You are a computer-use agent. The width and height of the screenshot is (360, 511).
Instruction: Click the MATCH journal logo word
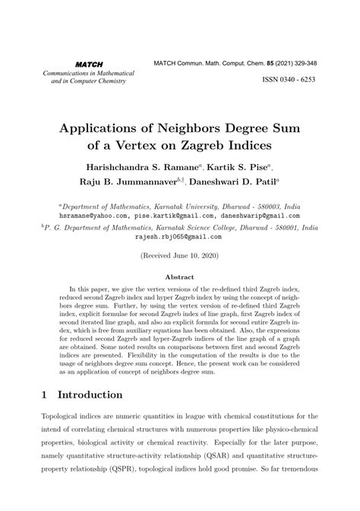(89, 64)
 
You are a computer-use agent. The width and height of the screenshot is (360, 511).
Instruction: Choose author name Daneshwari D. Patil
(235, 182)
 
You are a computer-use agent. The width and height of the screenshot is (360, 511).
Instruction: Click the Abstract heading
(180, 278)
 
